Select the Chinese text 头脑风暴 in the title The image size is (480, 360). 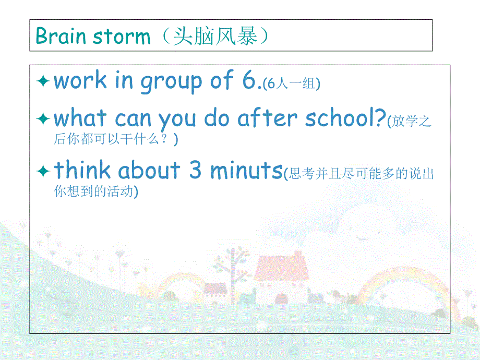214,36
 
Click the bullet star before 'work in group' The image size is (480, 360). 43,81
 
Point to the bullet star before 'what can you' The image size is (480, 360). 43,119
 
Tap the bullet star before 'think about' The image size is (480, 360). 43,171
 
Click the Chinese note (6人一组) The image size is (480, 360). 291,83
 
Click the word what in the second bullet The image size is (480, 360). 81,118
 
